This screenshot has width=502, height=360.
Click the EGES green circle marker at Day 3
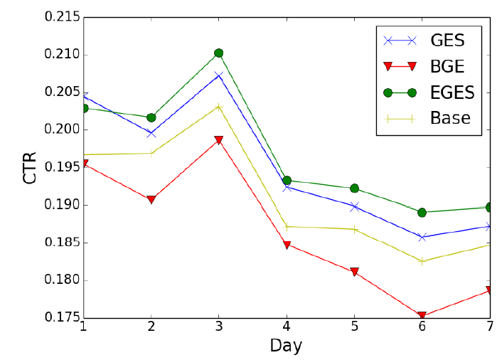[x=218, y=53]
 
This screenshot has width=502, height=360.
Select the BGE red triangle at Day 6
[x=422, y=316]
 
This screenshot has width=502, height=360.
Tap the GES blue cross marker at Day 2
[x=151, y=133]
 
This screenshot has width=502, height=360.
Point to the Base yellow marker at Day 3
[x=218, y=107]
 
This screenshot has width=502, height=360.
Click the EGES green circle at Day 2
[x=151, y=117]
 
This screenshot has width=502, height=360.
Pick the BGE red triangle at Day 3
[x=218, y=140]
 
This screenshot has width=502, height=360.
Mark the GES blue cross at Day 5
[x=354, y=206]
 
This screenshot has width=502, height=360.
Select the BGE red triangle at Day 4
[x=287, y=245]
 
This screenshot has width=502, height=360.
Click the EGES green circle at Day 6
[x=422, y=212]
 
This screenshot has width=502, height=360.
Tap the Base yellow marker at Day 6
[x=422, y=261]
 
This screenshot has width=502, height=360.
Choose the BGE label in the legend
[x=447, y=67]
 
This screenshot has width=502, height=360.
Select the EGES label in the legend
[x=452, y=92]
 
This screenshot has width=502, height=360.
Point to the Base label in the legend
[x=450, y=118]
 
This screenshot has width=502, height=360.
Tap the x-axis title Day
[x=286, y=346]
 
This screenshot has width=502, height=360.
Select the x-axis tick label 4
[x=287, y=327]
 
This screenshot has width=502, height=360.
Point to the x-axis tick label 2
[x=151, y=327]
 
